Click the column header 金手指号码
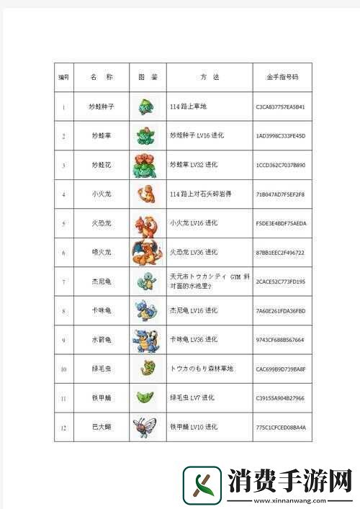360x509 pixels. (282, 77)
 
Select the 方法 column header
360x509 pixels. (209, 77)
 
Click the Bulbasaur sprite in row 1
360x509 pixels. (147, 107)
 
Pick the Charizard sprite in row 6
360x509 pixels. (146, 252)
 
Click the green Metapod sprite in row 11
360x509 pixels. (146, 397)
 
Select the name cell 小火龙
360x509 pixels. (101, 194)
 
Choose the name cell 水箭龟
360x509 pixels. (101, 339)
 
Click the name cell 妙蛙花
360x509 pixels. (101, 165)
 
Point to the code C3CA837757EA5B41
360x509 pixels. (281, 107)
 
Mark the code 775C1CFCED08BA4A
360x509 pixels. (281, 427)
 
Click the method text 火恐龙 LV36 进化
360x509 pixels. (192, 252)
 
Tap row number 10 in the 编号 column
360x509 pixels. (63, 369)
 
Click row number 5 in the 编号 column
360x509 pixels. (63, 223)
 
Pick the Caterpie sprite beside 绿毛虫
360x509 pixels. (146, 368)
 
